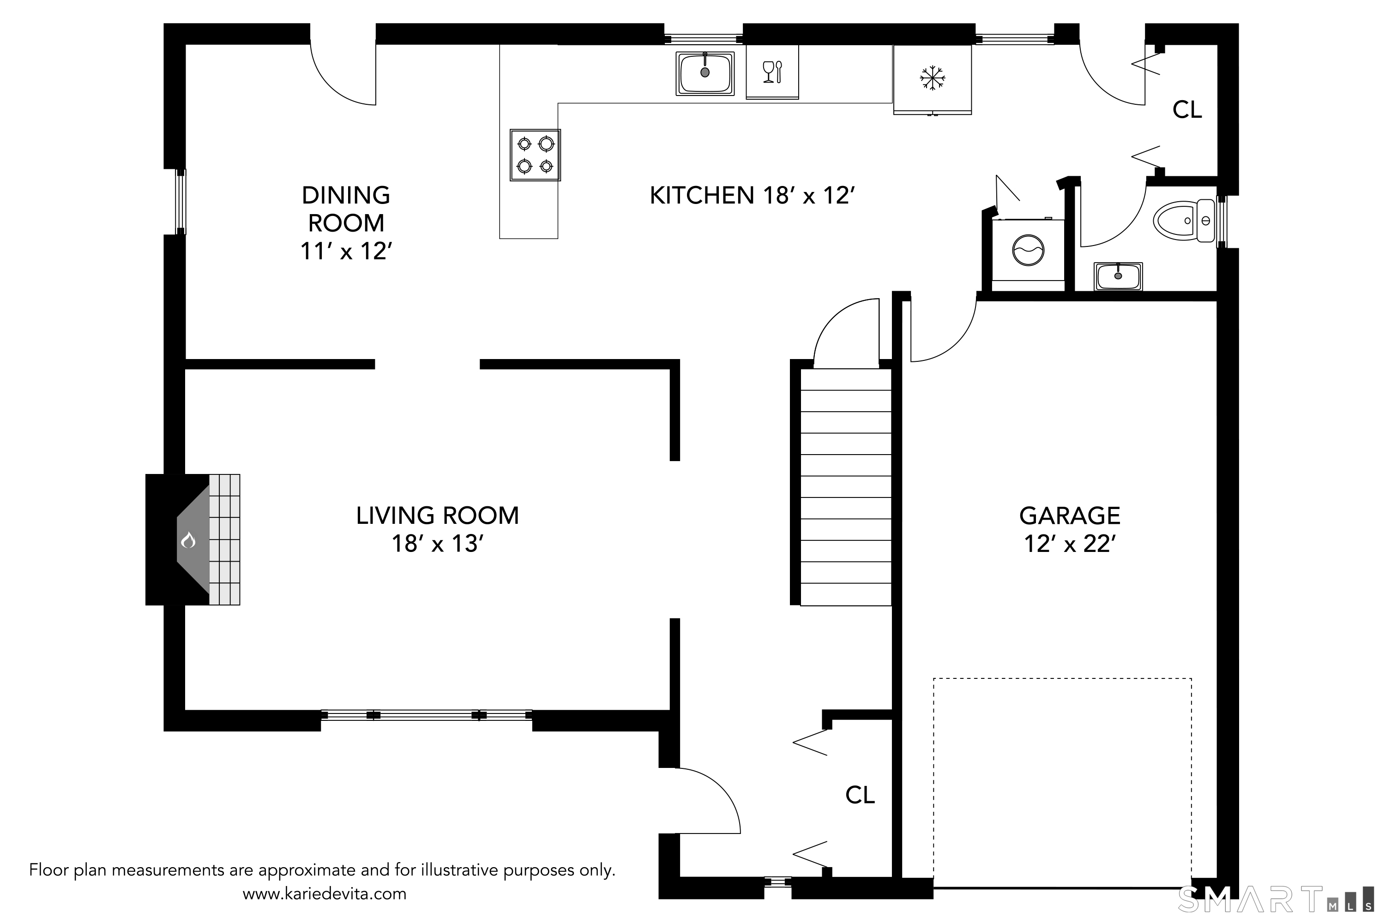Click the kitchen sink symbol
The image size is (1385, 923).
pyautogui.click(x=705, y=73)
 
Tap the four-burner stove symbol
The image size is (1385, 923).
pyautogui.click(x=535, y=155)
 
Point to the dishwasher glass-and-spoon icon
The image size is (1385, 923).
pyautogui.click(x=772, y=72)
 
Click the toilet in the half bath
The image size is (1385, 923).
pyautogui.click(x=1184, y=221)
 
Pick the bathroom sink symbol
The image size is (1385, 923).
pyautogui.click(x=1118, y=276)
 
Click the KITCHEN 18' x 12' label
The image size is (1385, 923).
pyautogui.click(x=752, y=195)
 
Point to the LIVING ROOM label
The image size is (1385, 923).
pyautogui.click(x=438, y=515)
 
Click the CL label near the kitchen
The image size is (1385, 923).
pyautogui.click(x=1187, y=109)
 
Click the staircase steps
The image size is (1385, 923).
pyautogui.click(x=846, y=487)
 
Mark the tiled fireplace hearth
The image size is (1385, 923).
pyautogui.click(x=224, y=539)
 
